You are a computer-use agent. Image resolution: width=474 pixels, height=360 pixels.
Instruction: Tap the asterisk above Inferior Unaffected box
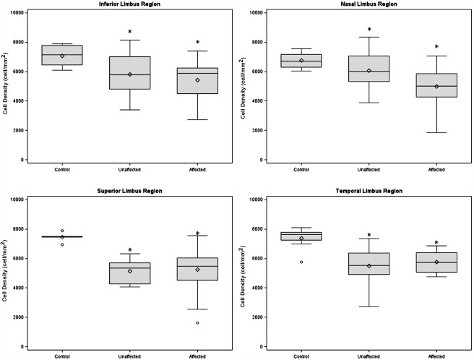[x=130, y=32]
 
